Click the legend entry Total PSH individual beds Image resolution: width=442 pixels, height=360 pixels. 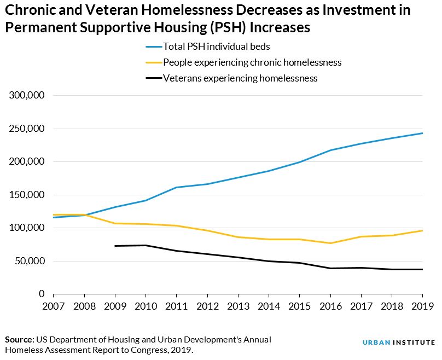pos(217,47)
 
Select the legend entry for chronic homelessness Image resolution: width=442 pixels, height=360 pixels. pos(252,62)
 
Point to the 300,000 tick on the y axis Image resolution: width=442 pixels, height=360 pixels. pos(27,95)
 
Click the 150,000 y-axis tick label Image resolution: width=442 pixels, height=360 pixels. pos(27,195)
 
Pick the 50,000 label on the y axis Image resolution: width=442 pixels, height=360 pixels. pos(30,261)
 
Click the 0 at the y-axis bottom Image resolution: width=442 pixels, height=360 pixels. pos(42,294)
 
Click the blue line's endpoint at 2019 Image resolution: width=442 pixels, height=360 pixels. pos(422,133)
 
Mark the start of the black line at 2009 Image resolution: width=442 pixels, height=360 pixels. pos(115,246)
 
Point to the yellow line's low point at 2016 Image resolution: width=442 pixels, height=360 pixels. pos(330,243)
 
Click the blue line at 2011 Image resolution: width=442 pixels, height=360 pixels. pos(176,187)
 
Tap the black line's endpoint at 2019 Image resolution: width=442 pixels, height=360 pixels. pos(422,269)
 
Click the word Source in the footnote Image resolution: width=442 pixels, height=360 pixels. pos(20,340)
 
